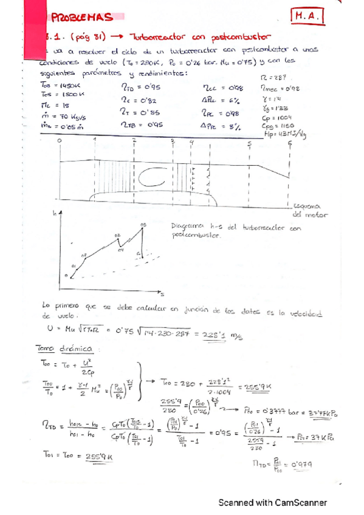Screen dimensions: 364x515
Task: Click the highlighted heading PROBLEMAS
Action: (79, 19)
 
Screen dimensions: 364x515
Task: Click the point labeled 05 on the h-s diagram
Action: (143, 225)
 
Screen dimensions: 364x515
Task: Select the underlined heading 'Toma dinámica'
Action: (65, 349)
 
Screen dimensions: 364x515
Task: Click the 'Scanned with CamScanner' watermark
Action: (273, 503)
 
